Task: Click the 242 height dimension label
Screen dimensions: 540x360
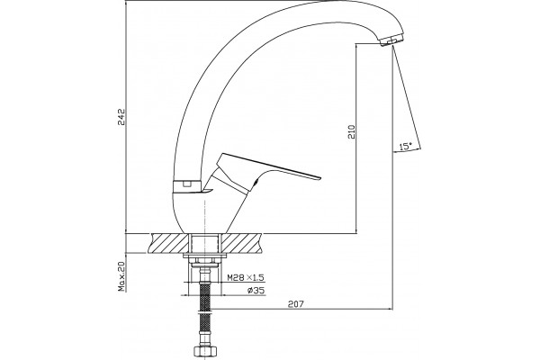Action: coord(122,117)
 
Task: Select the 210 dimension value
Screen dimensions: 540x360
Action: coord(351,131)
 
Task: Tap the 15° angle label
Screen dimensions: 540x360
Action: coord(406,146)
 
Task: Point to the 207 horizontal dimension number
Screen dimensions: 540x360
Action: coord(296,304)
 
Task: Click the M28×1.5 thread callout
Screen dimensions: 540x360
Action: coord(246,277)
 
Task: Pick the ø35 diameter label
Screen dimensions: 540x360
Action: coord(256,291)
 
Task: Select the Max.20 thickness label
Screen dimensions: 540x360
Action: coord(121,276)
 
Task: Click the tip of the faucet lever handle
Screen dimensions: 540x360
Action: coord(320,178)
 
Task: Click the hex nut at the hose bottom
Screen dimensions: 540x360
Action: coord(205,351)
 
